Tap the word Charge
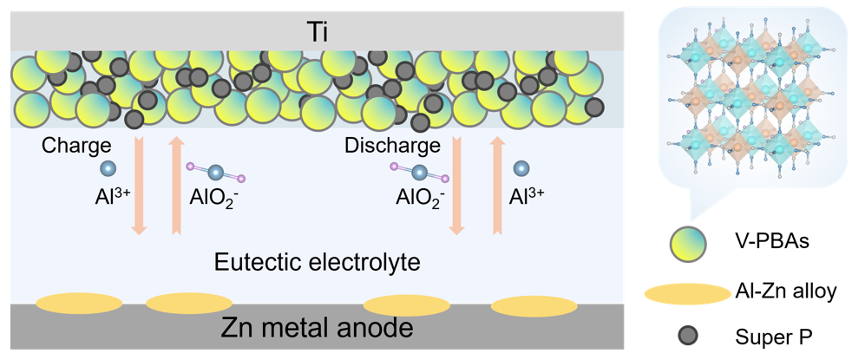tap(76, 146)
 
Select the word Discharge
tap(392, 146)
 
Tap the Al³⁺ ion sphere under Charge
tap(108, 169)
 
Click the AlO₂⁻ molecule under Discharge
tap(419, 171)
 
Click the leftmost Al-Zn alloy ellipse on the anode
tap(79, 304)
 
